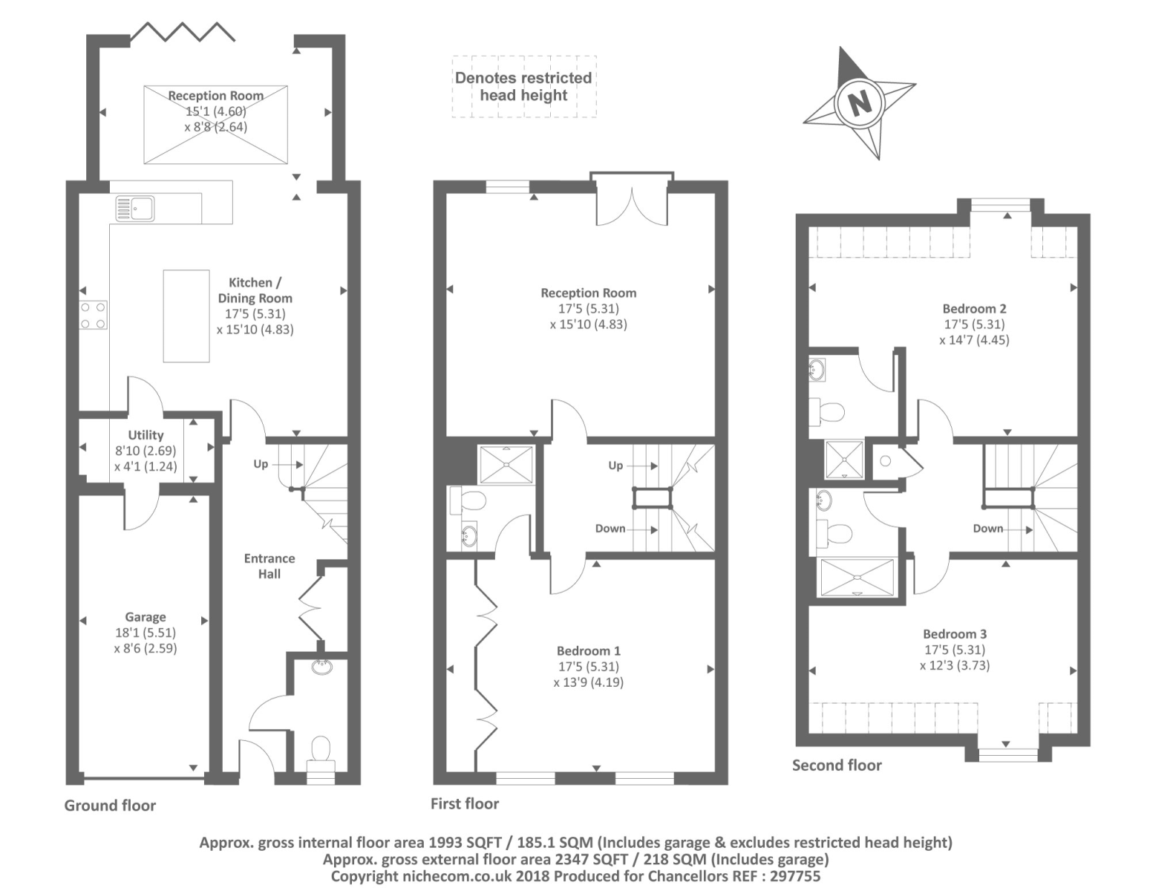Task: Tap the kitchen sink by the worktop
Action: (134, 209)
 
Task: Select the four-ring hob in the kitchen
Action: (94, 315)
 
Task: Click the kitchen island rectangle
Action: (186, 316)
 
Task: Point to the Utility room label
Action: (146, 435)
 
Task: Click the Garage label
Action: (146, 617)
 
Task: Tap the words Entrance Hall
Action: (269, 566)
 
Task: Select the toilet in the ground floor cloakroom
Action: (321, 748)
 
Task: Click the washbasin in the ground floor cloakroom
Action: (322, 668)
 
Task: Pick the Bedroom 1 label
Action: (589, 651)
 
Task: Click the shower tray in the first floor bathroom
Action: (506, 464)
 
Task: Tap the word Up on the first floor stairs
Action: (615, 466)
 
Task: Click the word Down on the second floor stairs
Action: (988, 529)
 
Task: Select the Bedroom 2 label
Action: (974, 309)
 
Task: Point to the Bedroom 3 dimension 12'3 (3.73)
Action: (955, 665)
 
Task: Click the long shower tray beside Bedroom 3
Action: (857, 578)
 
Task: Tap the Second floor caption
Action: (837, 766)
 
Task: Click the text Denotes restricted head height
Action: (523, 86)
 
